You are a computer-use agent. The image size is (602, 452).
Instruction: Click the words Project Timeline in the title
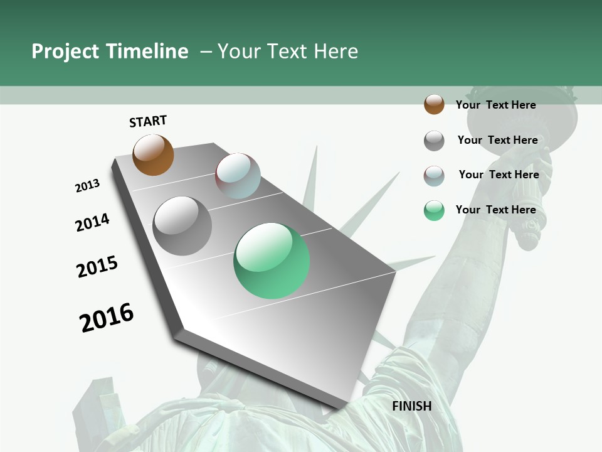click(x=110, y=51)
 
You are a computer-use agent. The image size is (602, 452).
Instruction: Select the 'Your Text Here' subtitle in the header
click(x=288, y=51)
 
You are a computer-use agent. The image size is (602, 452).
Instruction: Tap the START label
click(x=148, y=121)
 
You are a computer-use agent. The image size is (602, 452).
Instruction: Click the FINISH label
click(x=412, y=406)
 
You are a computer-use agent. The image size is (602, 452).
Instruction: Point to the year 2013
click(x=87, y=186)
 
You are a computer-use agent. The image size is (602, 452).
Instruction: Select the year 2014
click(x=92, y=222)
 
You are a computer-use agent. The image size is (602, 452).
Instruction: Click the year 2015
click(x=97, y=267)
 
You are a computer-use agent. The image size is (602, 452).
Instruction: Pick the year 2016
click(x=107, y=318)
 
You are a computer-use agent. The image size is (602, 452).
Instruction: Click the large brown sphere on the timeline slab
click(x=153, y=154)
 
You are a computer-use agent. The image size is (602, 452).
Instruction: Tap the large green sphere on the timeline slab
click(x=272, y=261)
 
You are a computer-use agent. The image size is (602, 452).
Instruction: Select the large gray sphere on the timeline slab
click(x=182, y=225)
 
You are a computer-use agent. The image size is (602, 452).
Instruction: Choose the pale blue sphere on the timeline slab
click(x=238, y=176)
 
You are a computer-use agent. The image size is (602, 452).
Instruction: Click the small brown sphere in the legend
click(x=434, y=104)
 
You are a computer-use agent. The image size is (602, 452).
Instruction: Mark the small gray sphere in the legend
click(x=434, y=141)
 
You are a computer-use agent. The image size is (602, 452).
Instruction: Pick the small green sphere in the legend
click(x=434, y=210)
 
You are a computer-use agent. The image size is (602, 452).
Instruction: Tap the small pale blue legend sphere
click(x=434, y=176)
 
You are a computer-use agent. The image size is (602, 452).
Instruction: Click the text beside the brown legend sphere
click(x=495, y=105)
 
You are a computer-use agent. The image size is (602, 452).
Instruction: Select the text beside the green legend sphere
click(x=495, y=210)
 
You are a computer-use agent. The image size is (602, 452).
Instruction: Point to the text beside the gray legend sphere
click(x=497, y=140)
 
